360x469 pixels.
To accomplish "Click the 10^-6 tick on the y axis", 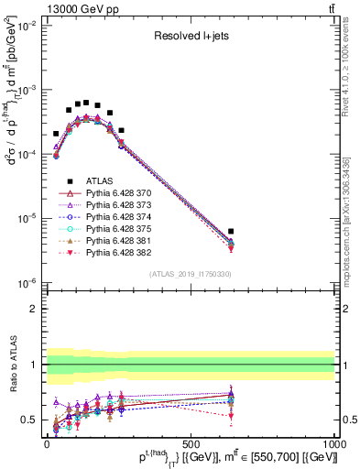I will click(x=27, y=283).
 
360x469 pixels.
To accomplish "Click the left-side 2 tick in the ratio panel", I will click(x=34, y=309).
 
